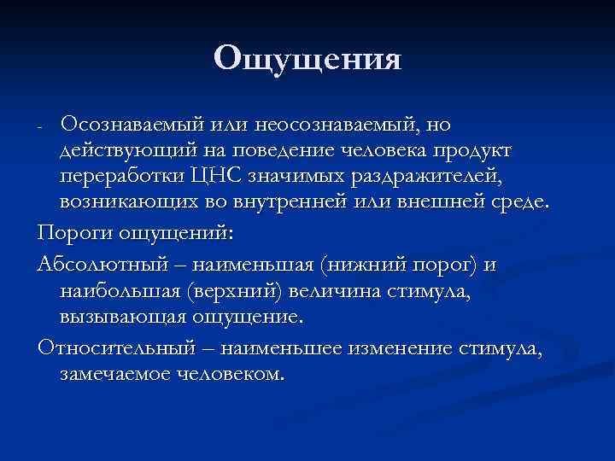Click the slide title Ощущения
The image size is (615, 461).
pyautogui.click(x=307, y=59)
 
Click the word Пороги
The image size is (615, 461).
pyautogui.click(x=73, y=232)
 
